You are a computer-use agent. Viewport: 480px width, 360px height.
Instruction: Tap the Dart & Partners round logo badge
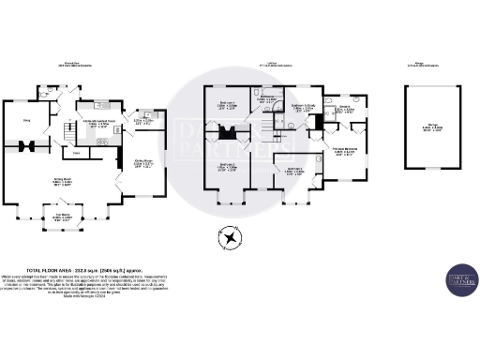[x=459, y=278]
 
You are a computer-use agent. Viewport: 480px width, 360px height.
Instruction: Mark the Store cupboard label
[x=76, y=152]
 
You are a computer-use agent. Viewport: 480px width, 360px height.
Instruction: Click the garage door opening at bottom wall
[x=432, y=168]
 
